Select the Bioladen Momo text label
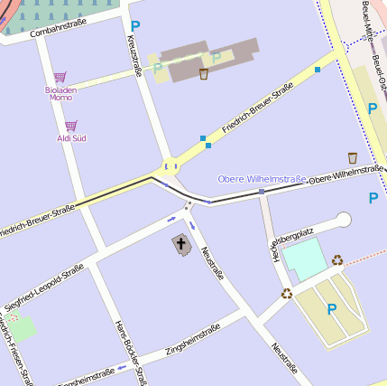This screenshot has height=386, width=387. (x=60, y=93)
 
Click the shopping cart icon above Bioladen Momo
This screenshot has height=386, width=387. (x=60, y=78)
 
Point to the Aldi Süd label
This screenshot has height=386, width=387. (x=71, y=138)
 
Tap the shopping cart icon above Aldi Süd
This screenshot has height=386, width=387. (x=71, y=126)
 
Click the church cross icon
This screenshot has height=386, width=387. (x=180, y=243)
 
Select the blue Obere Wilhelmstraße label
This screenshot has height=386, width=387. (x=262, y=179)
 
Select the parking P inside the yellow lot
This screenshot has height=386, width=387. (x=332, y=309)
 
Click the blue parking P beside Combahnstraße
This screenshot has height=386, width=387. (x=135, y=27)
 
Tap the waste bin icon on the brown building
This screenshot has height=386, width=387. (x=204, y=74)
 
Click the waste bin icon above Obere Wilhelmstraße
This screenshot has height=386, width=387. (x=352, y=157)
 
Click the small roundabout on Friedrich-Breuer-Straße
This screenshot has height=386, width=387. (x=170, y=166)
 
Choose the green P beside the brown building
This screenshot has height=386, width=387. (x=158, y=68)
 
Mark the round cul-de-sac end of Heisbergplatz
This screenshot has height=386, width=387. (x=343, y=220)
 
